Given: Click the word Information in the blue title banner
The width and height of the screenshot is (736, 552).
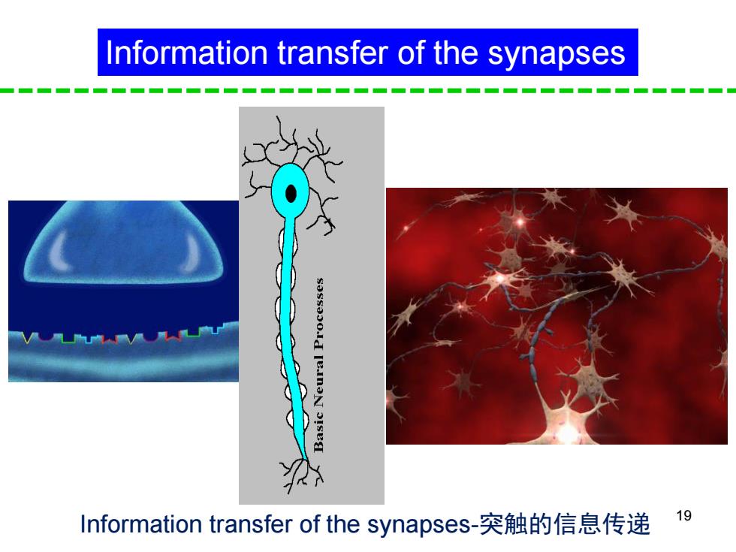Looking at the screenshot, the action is (x=187, y=52).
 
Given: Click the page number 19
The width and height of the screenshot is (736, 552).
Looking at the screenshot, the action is (x=684, y=515).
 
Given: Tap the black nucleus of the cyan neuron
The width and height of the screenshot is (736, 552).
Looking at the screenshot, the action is (x=291, y=194).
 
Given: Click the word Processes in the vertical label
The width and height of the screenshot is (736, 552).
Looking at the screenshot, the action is (x=318, y=314).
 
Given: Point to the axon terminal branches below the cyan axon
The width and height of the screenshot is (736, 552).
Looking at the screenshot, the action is (x=301, y=475).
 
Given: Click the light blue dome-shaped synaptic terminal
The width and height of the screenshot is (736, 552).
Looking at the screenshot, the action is (x=123, y=242).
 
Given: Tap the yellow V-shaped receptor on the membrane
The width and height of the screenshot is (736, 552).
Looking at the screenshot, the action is (x=29, y=337).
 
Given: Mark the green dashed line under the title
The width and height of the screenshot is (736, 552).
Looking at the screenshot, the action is (x=368, y=90).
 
